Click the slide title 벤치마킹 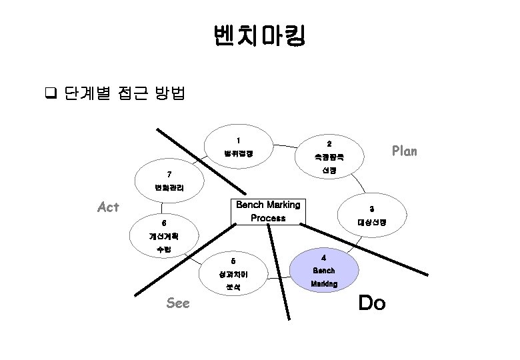pos(259,36)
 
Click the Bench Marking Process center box pos(268,211)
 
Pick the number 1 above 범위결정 pos(238,140)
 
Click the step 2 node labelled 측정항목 pos(329,158)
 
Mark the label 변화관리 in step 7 pos(165,188)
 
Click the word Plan pos(404,151)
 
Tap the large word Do pos(371,304)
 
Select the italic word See pos(178,303)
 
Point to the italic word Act pos(108,207)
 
